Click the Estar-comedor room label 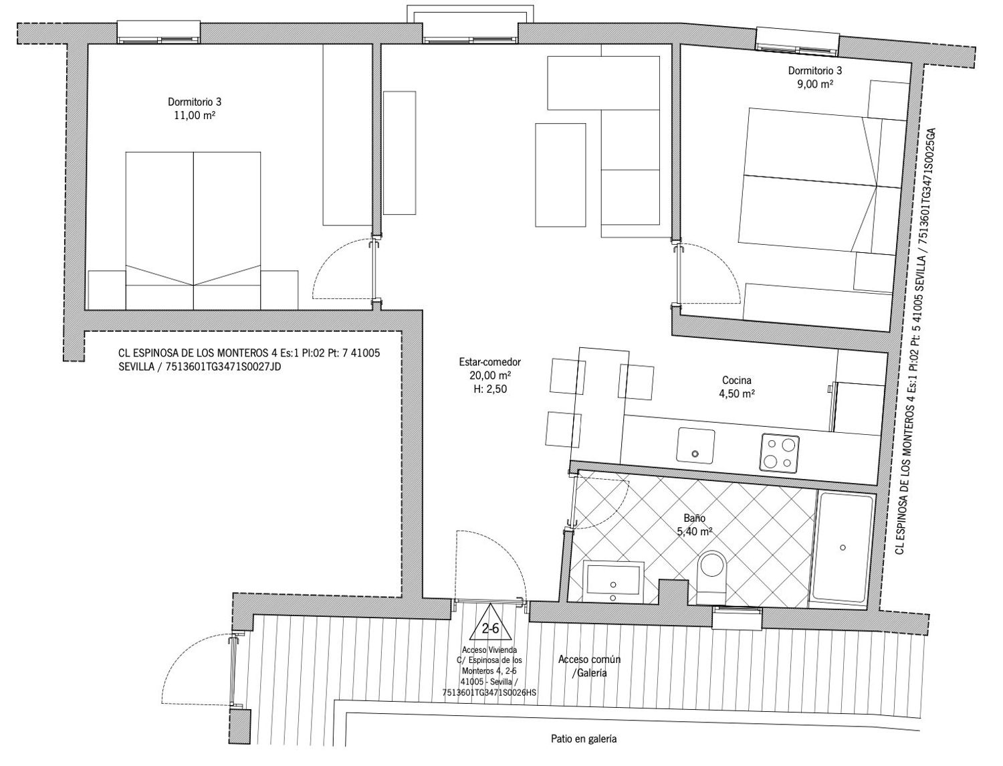[490, 362]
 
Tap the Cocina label [737, 380]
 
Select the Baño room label [695, 518]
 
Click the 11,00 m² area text [195, 115]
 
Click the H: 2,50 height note [490, 389]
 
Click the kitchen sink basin [695, 445]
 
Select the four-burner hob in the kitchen [780, 452]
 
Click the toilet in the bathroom [712, 576]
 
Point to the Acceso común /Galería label [590, 666]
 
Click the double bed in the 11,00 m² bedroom [193, 231]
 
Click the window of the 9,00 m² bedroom [798, 39]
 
